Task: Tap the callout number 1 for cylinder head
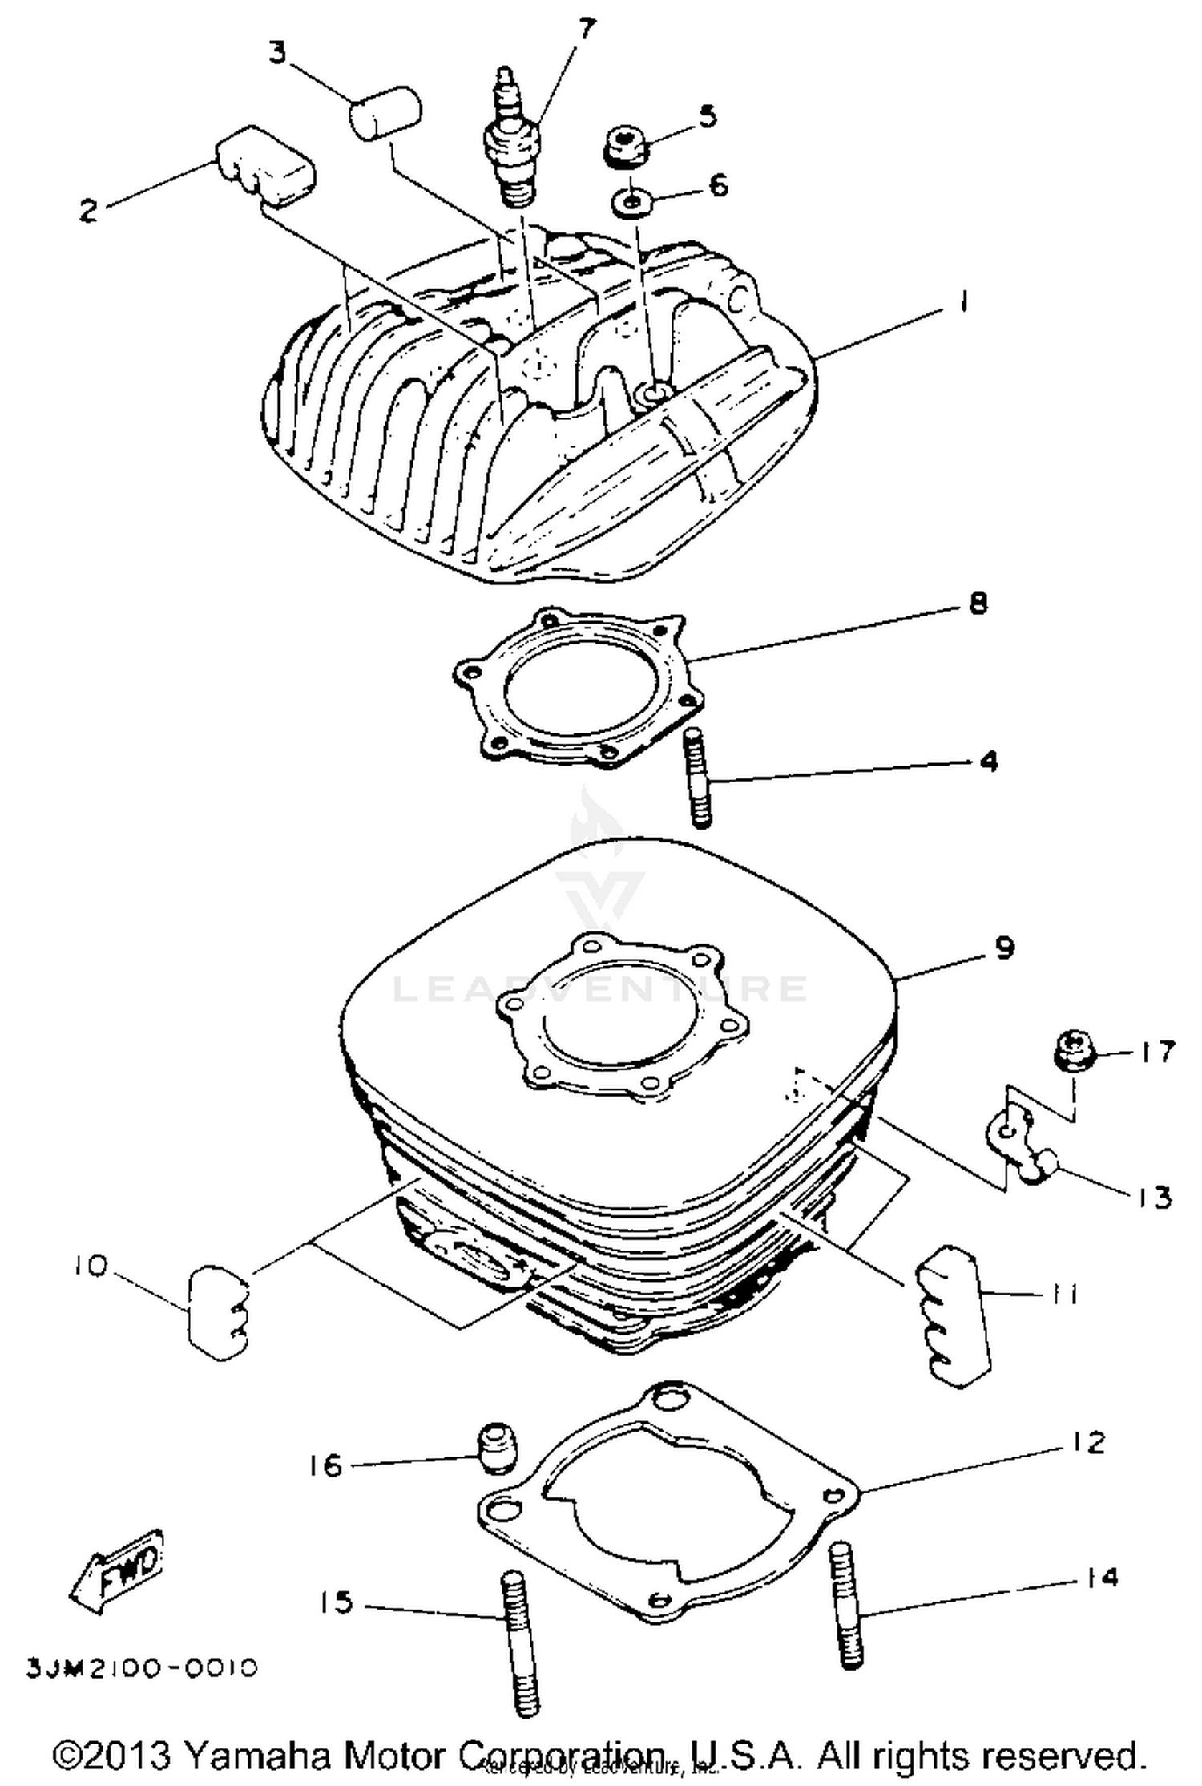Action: [x=964, y=302]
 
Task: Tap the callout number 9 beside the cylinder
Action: [x=1004, y=948]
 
